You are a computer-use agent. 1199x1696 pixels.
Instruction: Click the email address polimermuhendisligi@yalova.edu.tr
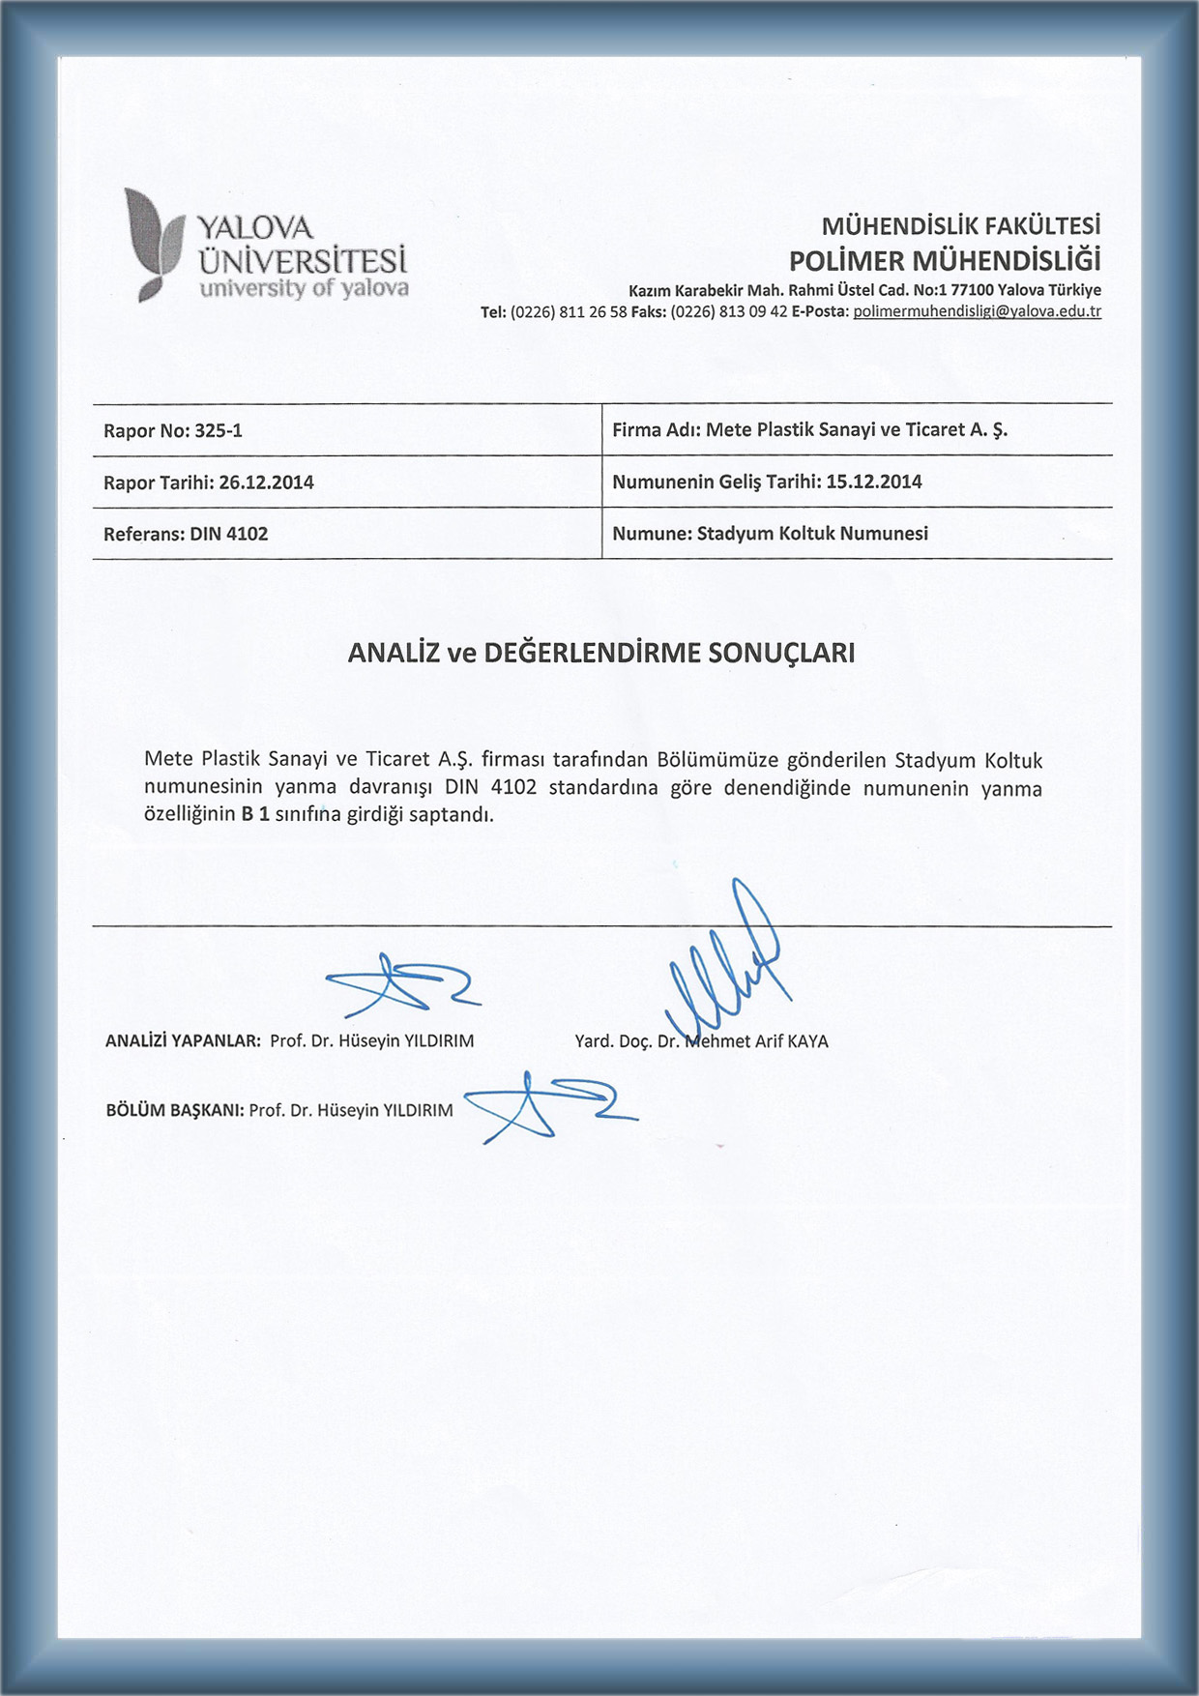pos(977,311)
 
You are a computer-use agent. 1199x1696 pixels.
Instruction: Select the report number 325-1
pos(219,431)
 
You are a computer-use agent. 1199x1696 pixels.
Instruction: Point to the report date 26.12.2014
pos(266,482)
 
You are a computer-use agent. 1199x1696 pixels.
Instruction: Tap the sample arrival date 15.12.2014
pos(873,482)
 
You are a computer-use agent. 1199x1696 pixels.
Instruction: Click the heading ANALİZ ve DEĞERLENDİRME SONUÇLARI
pos(600,654)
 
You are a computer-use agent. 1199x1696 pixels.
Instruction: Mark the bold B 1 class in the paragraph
pos(255,814)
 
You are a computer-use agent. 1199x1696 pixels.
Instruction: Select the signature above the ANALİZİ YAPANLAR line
pos(401,984)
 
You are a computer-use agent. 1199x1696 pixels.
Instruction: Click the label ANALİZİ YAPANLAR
pos(183,1041)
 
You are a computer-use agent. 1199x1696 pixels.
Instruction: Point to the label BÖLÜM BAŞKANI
pos(174,1111)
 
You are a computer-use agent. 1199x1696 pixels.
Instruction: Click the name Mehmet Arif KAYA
pos(756,1041)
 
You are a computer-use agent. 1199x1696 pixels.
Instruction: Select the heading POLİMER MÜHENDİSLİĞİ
pos(944,261)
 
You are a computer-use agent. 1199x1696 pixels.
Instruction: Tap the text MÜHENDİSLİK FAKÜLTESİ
pos(960,226)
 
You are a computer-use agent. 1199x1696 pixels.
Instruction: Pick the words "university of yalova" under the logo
pos(304,288)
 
